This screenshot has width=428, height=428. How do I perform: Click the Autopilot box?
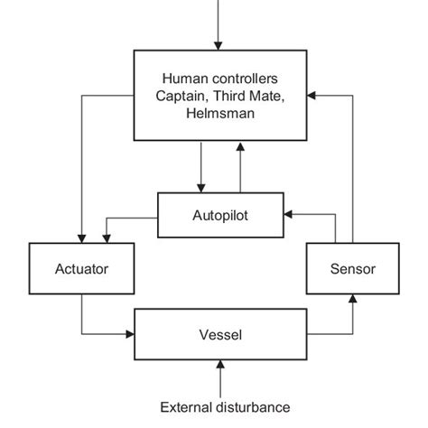point(220,216)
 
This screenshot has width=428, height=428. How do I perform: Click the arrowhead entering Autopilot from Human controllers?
point(202,187)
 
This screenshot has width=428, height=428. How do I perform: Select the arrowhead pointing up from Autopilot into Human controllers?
point(238,147)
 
